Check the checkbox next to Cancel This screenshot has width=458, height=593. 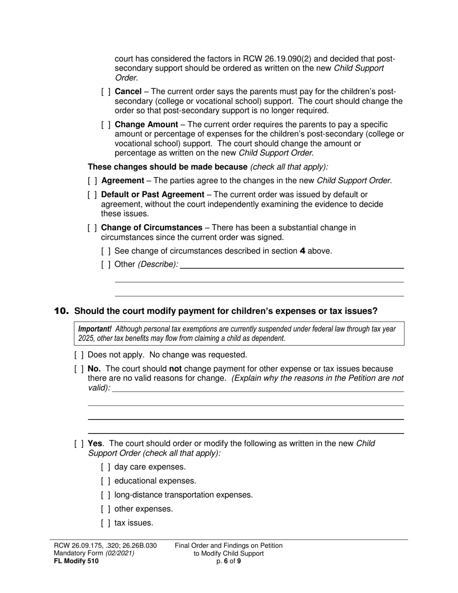point(106,92)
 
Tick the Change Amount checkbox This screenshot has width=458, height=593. point(106,125)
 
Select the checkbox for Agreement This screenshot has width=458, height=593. point(93,181)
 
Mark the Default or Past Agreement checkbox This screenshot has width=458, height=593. point(93,195)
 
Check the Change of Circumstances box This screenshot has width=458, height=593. point(93,228)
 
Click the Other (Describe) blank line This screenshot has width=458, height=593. point(292,264)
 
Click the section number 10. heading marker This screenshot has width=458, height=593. point(61,311)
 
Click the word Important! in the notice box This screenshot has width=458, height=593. point(95,329)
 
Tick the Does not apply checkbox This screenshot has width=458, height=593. point(79,355)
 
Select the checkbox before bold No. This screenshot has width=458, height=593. point(79,369)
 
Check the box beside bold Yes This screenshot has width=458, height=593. point(79,444)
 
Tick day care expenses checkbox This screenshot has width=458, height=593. point(106,467)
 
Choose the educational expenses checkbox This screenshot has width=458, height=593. point(106,481)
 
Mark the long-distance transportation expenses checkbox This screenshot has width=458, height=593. point(106,495)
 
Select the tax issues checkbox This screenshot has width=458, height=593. point(106,523)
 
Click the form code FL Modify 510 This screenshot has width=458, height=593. point(76,561)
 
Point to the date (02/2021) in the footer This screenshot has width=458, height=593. point(120,553)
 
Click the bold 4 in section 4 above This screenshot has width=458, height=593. point(302,251)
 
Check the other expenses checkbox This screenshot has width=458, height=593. point(106,509)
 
